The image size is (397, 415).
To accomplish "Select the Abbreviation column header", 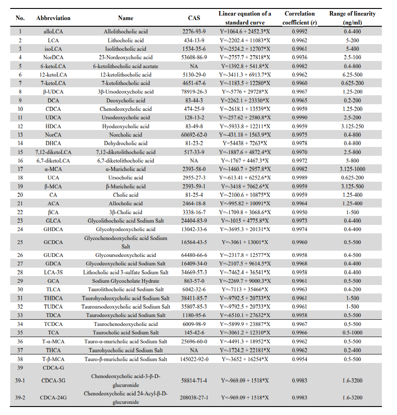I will (53, 18).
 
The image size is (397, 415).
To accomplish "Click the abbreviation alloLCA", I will (53, 32).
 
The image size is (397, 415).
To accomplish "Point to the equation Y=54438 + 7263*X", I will (245, 143).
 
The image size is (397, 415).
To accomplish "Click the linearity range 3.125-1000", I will (352, 169).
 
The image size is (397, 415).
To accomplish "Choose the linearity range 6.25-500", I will (352, 75).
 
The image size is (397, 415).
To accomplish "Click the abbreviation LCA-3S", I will (53, 273).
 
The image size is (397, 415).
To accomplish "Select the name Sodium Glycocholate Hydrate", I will (126, 281).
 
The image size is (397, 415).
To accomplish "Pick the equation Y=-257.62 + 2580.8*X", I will (245, 118).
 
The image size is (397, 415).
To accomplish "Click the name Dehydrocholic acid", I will (126, 143).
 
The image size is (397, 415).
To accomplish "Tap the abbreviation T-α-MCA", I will (53, 342).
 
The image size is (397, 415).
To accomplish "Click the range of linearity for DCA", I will (352, 101).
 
